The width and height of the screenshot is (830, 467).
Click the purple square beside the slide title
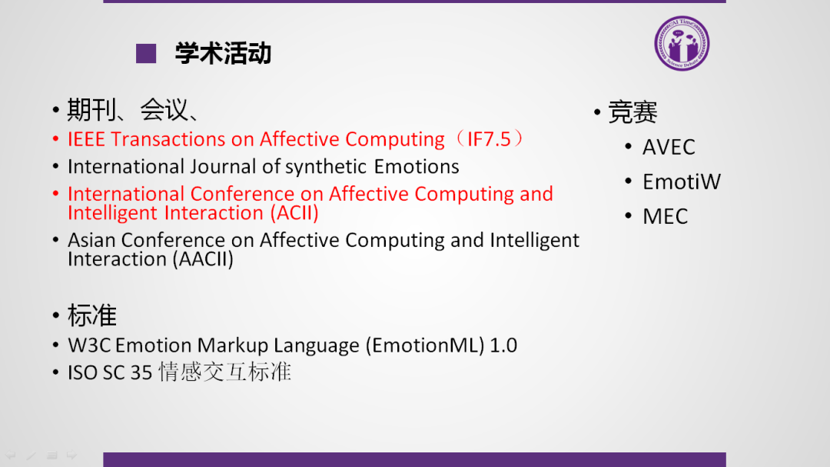tap(146, 54)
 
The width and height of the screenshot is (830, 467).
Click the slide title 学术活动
tap(224, 54)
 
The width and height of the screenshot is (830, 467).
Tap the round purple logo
tap(682, 43)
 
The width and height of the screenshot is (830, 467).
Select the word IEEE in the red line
tap(87, 139)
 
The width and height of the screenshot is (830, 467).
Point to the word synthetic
tap(326, 167)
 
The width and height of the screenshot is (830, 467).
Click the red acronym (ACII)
tap(294, 213)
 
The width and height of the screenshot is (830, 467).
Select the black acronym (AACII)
tap(203, 259)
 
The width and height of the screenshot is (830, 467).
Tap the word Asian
tap(91, 240)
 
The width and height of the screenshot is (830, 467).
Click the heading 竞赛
tap(632, 112)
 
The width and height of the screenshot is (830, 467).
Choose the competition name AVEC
tap(669, 148)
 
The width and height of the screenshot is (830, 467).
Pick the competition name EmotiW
tap(681, 182)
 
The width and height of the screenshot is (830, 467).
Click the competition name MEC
tap(665, 216)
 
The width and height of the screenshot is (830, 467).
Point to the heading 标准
tap(91, 315)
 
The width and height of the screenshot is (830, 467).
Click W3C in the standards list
tap(89, 345)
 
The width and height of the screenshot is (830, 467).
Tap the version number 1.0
tap(503, 345)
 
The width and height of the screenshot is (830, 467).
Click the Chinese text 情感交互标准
tap(225, 372)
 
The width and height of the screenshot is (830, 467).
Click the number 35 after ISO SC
tap(141, 372)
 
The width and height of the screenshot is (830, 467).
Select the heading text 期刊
tap(91, 110)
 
